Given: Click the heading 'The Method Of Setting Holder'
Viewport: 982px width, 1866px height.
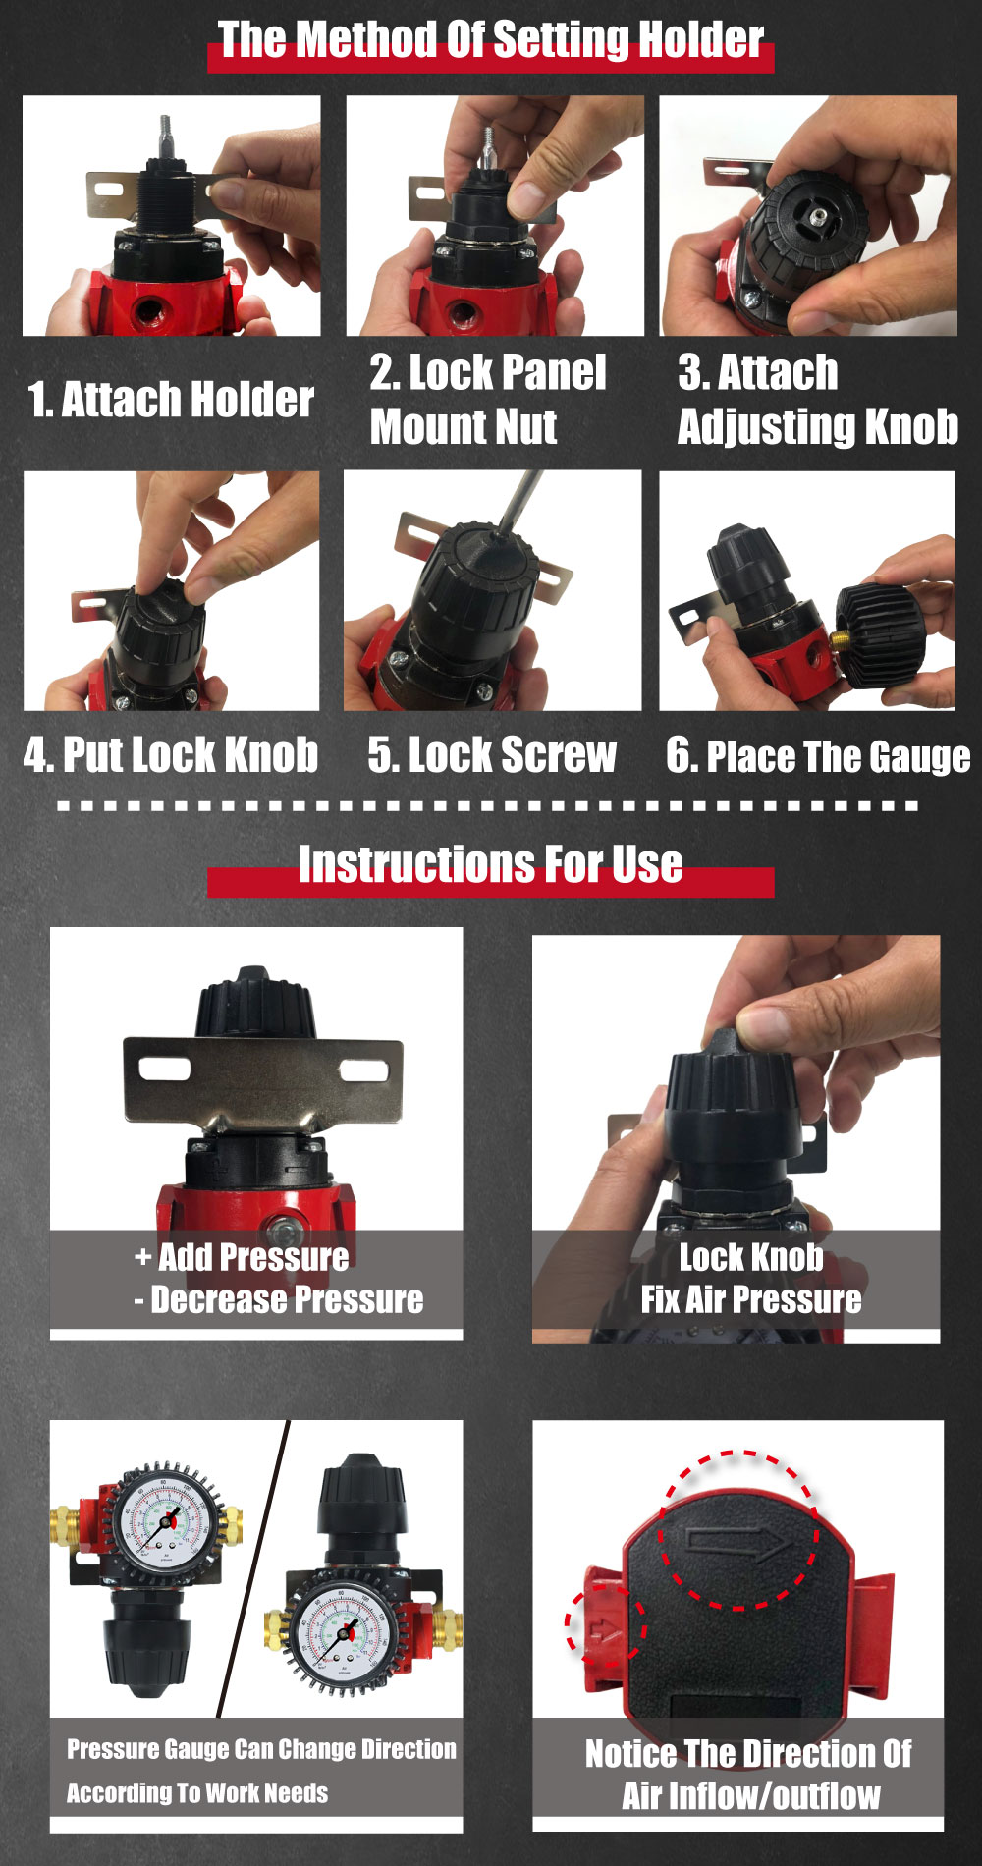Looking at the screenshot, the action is coord(490,40).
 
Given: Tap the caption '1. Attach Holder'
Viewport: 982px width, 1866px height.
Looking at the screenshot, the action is coord(171,400).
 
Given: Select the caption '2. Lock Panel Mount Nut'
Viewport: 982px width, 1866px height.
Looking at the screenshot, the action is coord(488,399).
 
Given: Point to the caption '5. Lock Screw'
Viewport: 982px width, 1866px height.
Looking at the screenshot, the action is coord(492,754).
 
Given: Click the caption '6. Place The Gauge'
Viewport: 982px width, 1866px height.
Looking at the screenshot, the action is coord(818,756).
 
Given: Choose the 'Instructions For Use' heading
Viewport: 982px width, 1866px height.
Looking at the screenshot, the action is coord(490,864).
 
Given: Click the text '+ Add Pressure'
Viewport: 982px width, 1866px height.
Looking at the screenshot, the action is coord(242,1257).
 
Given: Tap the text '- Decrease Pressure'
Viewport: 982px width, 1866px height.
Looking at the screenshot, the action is coord(279,1300).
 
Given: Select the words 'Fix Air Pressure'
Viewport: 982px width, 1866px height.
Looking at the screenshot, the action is coord(751,1300).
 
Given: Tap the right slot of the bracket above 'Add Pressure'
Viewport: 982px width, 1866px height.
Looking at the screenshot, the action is coord(360,1070).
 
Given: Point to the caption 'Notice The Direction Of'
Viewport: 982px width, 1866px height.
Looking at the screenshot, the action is coord(749,1753).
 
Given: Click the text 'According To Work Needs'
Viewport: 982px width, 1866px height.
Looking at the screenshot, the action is coord(197,1793).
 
